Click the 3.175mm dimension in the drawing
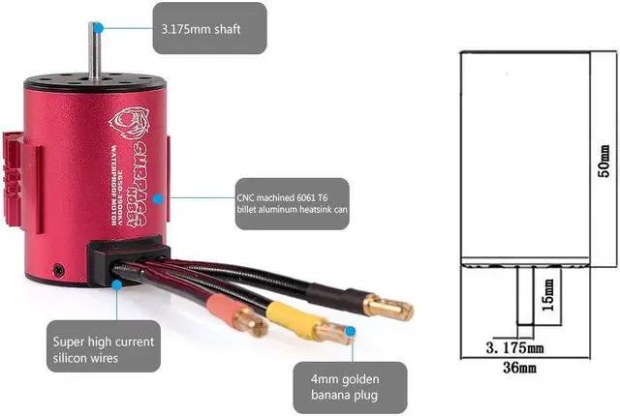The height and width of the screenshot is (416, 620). point(511,345)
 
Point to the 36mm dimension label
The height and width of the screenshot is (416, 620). point(519,368)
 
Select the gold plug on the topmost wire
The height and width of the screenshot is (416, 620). point(388,308)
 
